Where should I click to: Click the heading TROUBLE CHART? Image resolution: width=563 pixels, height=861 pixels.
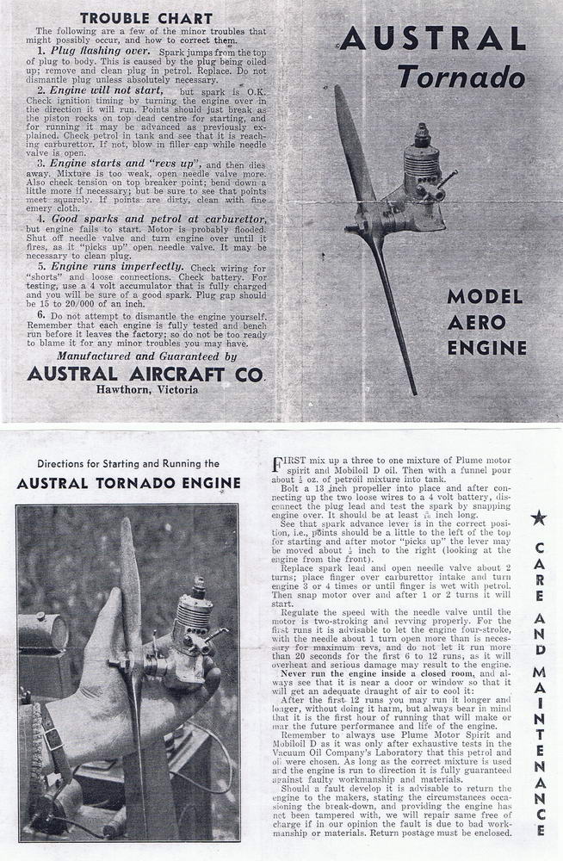tap(145, 16)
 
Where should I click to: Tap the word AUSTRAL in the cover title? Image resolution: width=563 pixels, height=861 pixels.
tap(432, 39)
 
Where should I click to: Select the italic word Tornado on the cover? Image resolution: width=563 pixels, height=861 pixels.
tap(468, 78)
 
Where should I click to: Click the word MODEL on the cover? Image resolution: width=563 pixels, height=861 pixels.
tap(485, 297)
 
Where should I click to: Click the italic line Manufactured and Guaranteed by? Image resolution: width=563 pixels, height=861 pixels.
tap(145, 356)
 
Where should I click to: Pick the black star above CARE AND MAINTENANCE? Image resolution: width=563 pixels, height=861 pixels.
tap(539, 517)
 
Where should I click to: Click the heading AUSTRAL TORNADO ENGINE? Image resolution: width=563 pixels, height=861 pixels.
tap(128, 483)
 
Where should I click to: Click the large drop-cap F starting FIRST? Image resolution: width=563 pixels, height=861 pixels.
tap(278, 465)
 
